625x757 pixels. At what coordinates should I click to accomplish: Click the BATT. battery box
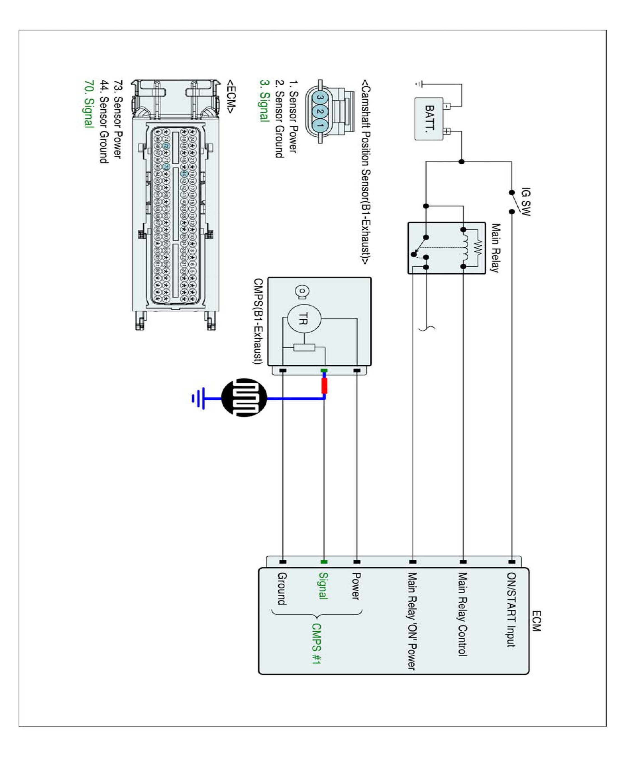coord(429,119)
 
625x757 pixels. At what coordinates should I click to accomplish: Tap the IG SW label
coord(526,201)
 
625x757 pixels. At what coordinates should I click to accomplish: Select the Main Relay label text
coord(496,248)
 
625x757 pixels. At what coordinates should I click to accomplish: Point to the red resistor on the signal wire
coord(324,385)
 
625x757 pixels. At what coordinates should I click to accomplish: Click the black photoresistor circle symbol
coord(244,398)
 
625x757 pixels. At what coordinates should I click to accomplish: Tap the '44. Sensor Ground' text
coord(104,121)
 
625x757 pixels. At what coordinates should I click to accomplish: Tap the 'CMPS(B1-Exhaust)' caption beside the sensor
coord(258,321)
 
